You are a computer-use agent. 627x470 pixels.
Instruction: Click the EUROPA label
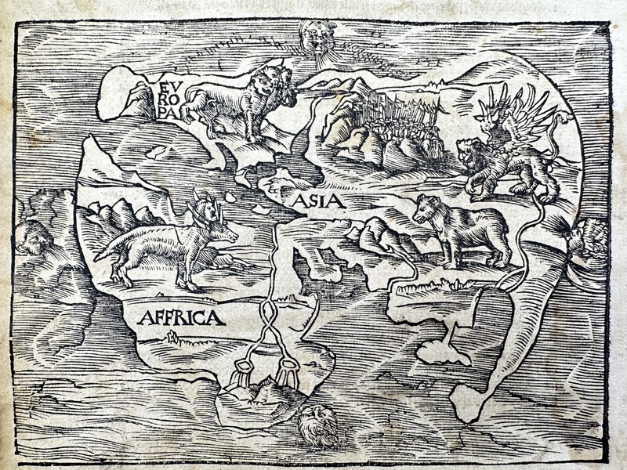[167, 97]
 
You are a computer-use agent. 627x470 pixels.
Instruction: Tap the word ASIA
[319, 201]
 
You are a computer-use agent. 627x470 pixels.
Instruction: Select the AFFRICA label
[181, 317]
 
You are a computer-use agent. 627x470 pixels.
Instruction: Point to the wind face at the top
[317, 35]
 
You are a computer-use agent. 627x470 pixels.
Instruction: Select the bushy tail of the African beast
[110, 248]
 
